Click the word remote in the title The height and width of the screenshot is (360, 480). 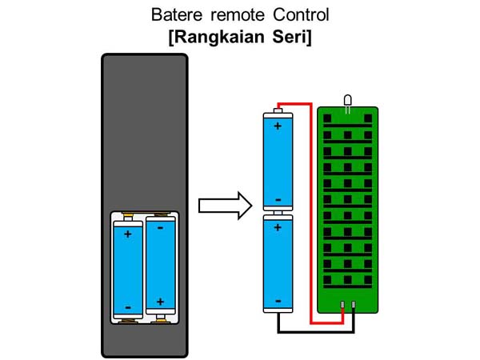click(236, 15)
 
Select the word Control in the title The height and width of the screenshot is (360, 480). click(299, 15)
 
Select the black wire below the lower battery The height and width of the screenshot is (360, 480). click(312, 330)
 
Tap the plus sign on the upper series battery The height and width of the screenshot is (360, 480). click(278, 126)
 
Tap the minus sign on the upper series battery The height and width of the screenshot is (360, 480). click(278, 199)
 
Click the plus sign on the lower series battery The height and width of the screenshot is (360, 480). click(278, 228)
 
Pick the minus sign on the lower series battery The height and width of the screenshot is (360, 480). click(278, 300)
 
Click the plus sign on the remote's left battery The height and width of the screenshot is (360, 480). click(127, 235)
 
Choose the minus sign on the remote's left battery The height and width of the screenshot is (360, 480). click(127, 307)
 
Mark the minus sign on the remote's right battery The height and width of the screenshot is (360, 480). click(161, 228)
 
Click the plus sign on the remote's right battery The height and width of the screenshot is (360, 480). click(161, 302)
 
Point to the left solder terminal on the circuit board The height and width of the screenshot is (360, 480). click(342, 305)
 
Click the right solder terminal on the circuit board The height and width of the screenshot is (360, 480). click(353, 305)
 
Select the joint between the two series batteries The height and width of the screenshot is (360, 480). click(278, 214)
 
